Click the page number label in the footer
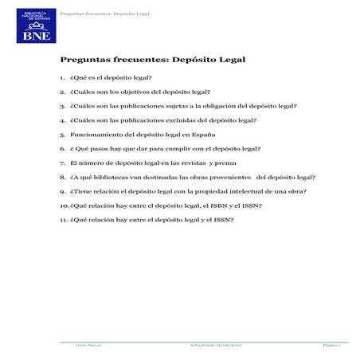[x=332, y=345]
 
